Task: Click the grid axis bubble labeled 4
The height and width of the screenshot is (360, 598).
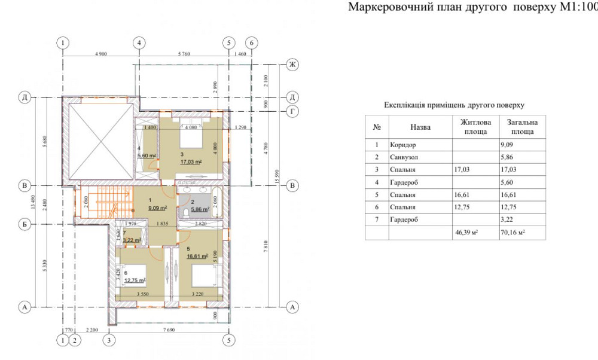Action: (x=139, y=43)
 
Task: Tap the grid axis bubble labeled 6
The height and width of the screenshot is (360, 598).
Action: (x=252, y=43)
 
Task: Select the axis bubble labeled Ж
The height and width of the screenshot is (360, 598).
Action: (x=293, y=64)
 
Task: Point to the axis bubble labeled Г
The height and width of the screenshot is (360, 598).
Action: (x=293, y=111)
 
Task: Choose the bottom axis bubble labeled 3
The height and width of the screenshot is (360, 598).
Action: (x=109, y=340)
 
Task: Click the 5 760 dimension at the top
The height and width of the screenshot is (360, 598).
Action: (x=183, y=54)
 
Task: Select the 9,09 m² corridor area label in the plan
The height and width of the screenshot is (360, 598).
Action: (x=158, y=209)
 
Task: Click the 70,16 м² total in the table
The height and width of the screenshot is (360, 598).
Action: (x=514, y=233)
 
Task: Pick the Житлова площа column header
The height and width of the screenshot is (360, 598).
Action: (x=476, y=127)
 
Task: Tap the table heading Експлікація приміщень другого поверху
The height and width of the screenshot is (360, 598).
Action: (x=454, y=105)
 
